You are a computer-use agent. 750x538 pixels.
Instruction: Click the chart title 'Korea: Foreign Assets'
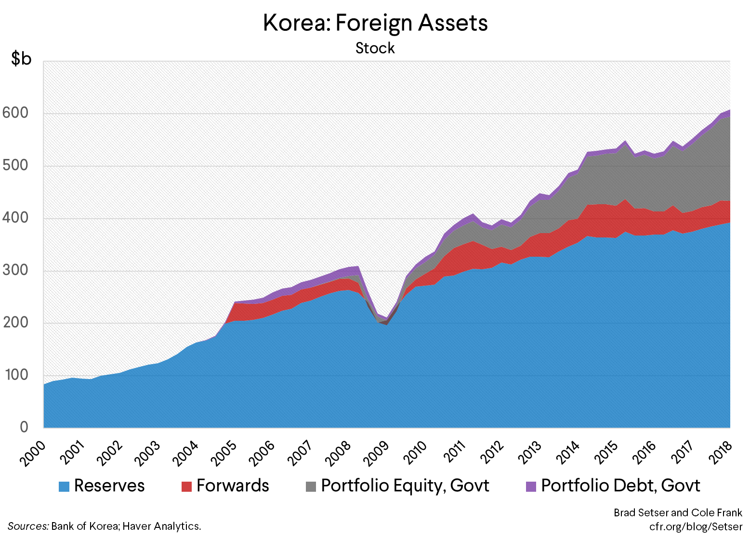(375, 23)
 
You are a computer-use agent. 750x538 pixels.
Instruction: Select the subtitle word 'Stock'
(375, 48)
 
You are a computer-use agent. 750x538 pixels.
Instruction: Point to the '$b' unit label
(22, 59)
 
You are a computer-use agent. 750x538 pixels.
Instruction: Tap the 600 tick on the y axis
(15, 113)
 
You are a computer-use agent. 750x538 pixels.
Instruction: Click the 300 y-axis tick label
(15, 270)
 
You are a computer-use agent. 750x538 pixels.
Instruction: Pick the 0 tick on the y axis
(24, 427)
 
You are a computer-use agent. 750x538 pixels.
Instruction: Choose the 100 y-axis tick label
(15, 375)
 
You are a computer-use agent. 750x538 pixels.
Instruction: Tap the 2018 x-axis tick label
(722, 452)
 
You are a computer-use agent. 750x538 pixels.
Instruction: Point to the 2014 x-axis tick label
(569, 452)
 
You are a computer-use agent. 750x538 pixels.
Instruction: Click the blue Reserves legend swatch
(64, 486)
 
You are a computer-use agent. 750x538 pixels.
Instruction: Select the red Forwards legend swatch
(186, 486)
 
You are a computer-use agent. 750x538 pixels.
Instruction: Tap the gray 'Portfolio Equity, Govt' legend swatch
(311, 486)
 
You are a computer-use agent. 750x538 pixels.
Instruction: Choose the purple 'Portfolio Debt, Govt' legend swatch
(531, 486)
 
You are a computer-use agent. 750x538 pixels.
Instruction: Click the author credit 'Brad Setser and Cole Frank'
(678, 512)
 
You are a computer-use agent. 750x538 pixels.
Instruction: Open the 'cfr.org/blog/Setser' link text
(696, 526)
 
